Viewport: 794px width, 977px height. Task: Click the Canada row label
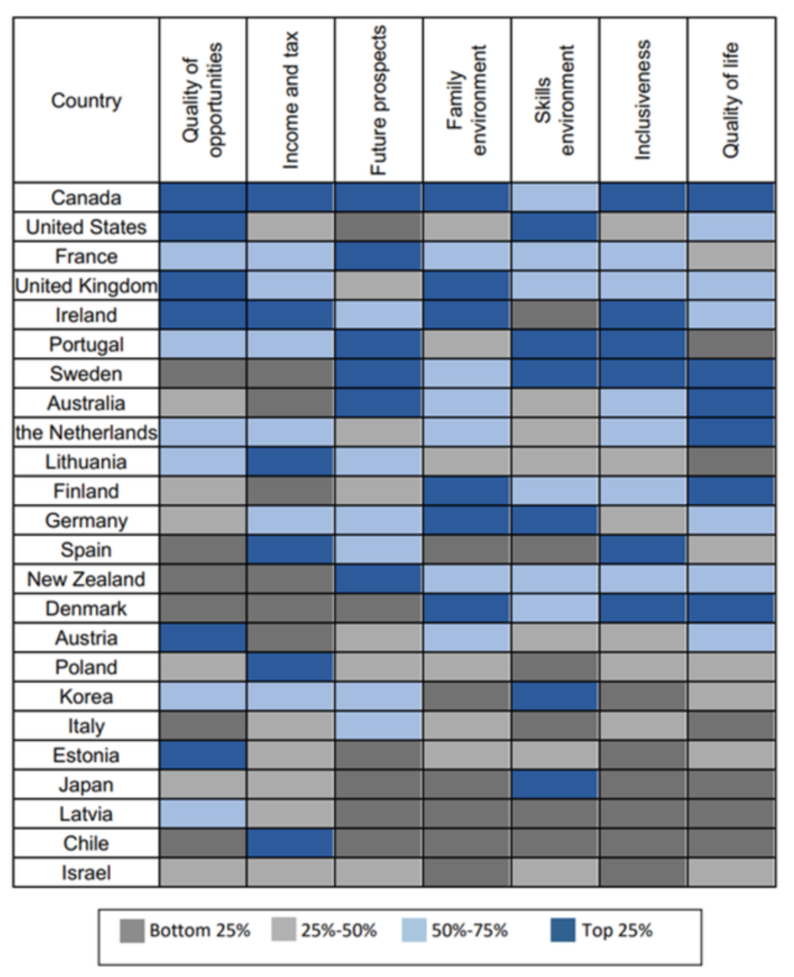86,198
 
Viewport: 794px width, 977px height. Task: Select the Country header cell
86,101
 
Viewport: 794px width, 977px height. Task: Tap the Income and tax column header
290,100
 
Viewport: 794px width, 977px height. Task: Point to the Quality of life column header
731,100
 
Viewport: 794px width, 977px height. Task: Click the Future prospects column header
378,100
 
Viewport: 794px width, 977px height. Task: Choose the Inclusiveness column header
643,100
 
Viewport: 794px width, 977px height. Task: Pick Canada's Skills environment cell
555,198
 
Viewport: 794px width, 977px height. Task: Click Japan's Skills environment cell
555,785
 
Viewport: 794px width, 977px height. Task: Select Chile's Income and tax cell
290,844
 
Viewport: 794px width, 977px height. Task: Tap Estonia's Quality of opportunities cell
203,756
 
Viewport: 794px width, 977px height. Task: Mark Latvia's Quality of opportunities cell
203,814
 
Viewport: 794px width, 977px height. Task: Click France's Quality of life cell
731,257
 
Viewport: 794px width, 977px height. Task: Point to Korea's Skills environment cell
555,697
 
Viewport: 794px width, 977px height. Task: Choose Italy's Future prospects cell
378,726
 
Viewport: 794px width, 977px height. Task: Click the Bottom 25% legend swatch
131,932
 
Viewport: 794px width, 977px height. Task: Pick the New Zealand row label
86,580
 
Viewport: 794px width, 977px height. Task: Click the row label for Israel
86,873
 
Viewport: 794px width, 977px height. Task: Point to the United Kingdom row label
86,286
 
